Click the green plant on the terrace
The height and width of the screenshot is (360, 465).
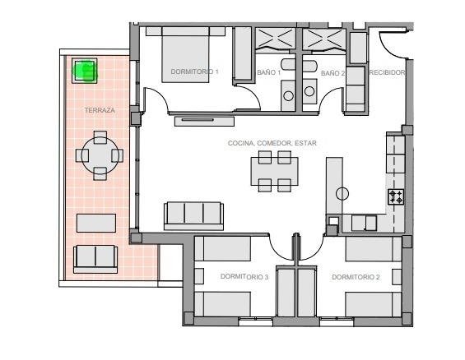(x=85, y=71)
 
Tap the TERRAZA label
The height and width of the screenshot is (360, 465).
(x=100, y=110)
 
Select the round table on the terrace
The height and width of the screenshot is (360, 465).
(x=100, y=155)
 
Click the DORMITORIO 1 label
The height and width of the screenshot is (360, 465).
(x=194, y=72)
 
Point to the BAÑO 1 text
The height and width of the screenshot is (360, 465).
(x=268, y=72)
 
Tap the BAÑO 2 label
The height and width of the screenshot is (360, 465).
(x=332, y=73)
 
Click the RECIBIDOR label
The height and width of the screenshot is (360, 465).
(x=387, y=72)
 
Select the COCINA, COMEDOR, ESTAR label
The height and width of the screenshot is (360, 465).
(x=272, y=143)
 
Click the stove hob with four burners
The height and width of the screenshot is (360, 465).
(x=396, y=197)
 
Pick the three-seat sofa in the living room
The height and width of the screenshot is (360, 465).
(x=193, y=216)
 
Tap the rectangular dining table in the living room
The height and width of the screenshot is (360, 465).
(x=275, y=171)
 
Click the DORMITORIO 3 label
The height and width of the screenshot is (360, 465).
(x=244, y=277)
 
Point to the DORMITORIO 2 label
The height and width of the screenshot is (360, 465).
(x=356, y=277)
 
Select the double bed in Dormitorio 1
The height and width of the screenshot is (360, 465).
(x=185, y=54)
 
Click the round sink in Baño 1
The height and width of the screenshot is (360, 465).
(x=288, y=95)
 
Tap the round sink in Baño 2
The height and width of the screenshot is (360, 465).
(x=309, y=91)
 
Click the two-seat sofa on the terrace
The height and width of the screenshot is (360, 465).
(x=95, y=259)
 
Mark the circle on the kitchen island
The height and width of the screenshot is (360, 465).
(x=342, y=194)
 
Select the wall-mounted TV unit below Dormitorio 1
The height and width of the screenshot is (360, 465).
(x=204, y=122)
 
